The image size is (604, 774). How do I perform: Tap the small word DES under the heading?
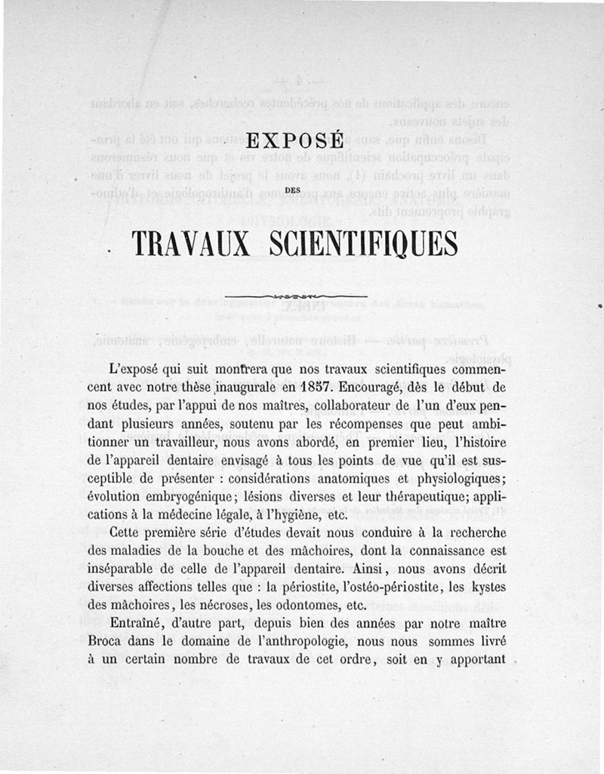[296, 190]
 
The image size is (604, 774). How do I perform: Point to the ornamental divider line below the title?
[296, 295]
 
